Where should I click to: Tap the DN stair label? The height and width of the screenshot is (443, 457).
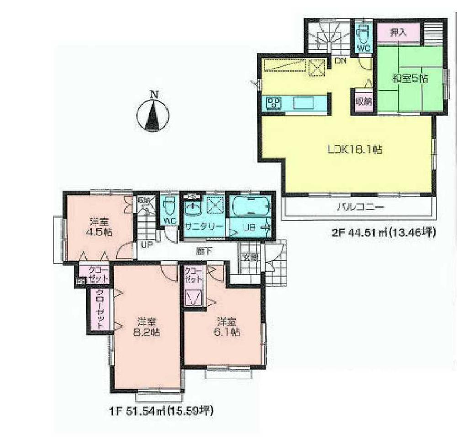click(340, 60)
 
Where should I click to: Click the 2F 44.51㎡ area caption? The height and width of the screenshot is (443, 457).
click(383, 232)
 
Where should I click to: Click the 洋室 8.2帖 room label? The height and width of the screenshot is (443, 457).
click(146, 327)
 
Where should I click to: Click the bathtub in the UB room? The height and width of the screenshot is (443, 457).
click(250, 207)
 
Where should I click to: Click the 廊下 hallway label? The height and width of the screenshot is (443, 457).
click(201, 250)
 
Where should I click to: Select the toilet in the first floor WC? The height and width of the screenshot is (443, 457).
click(169, 208)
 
